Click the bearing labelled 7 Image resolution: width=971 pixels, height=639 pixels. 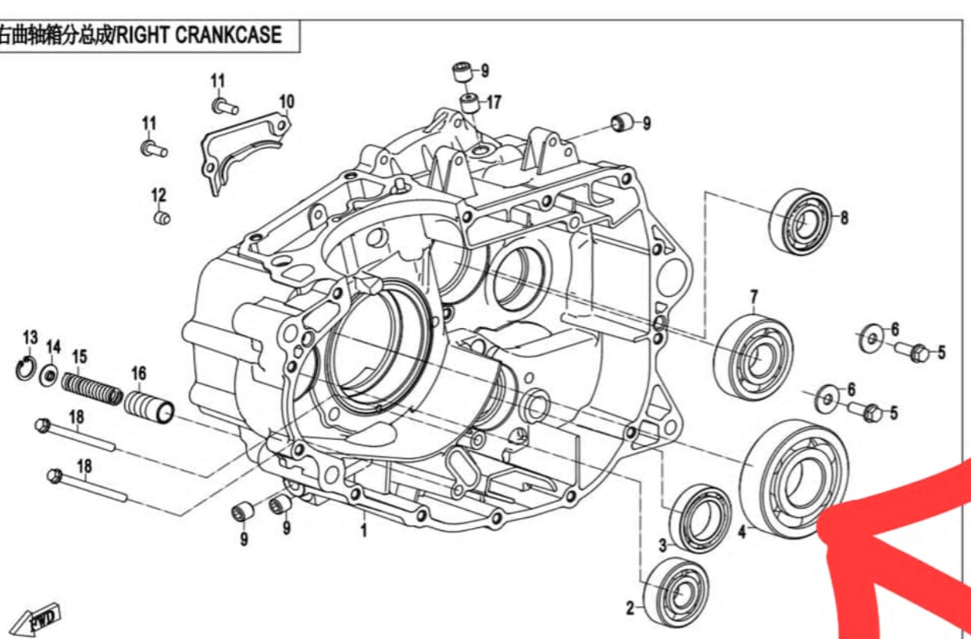pyautogui.click(x=753, y=356)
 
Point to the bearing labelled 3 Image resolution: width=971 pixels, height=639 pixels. pyautogui.click(x=701, y=518)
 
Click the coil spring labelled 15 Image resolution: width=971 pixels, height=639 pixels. pyautogui.click(x=91, y=388)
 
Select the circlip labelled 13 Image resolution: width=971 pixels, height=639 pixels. pyautogui.click(x=26, y=368)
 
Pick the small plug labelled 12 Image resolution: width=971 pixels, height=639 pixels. pyautogui.click(x=161, y=218)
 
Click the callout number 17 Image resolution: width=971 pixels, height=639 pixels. pyautogui.click(x=494, y=102)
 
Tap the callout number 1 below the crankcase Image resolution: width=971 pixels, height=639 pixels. pyautogui.click(x=363, y=532)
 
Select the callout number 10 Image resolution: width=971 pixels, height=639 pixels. pyautogui.click(x=287, y=101)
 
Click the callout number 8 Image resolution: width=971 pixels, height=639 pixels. pyautogui.click(x=844, y=219)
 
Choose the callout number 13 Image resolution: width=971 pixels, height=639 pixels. pyautogui.click(x=30, y=337)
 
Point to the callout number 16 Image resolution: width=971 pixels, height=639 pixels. pyautogui.click(x=138, y=374)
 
